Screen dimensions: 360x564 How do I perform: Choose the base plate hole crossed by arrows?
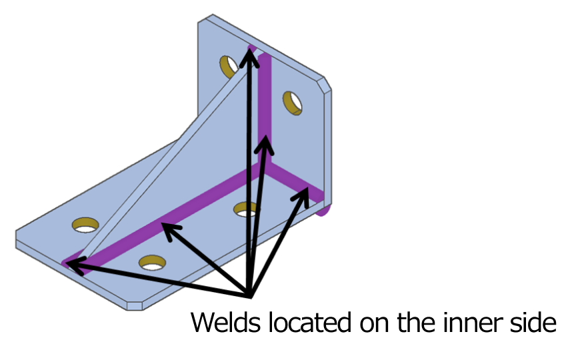click(246, 210)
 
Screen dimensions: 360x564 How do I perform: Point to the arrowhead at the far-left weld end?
click(72, 266)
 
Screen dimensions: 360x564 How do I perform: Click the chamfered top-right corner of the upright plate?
click(327, 87)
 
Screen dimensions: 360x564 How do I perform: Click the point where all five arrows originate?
click(249, 294)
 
